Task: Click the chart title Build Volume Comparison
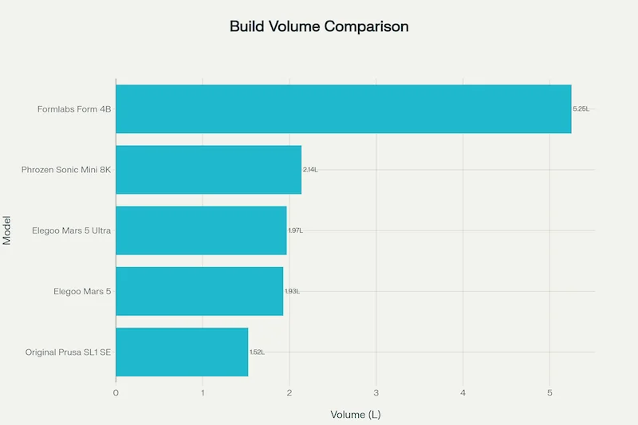point(319,26)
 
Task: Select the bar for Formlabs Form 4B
point(343,108)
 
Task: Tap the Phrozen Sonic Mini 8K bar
point(208,169)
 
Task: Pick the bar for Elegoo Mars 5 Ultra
point(201,230)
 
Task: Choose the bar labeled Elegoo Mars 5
point(199,291)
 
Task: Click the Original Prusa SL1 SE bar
point(182,352)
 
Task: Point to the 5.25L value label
point(581,108)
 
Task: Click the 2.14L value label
point(310,170)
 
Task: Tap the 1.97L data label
point(295,230)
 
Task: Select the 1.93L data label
point(292,291)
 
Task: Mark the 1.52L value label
point(257,352)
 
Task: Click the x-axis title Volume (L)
point(356,414)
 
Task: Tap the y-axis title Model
point(7,230)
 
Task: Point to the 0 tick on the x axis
point(116,392)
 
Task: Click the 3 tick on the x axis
point(376,392)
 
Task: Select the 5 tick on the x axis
point(549,392)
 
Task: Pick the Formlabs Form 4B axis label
point(74,108)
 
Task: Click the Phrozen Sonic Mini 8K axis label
point(66,170)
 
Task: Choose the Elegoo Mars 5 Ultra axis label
point(71,230)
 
